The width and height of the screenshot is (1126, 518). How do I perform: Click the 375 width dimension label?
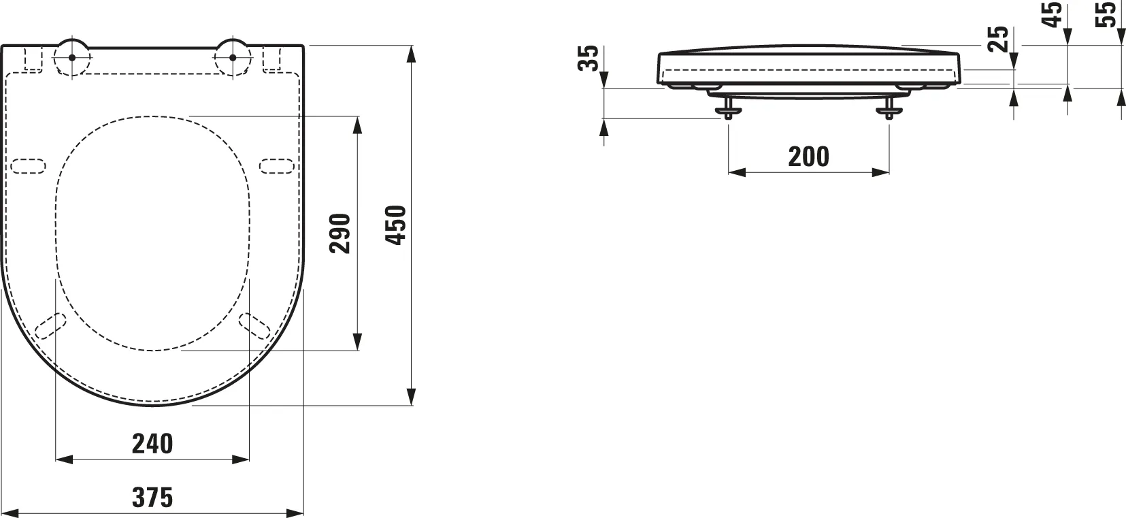point(152,498)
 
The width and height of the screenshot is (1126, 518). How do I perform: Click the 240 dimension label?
point(152,444)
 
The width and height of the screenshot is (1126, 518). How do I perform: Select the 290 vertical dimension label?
point(340,233)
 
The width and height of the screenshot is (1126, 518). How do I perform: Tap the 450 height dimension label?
point(395,225)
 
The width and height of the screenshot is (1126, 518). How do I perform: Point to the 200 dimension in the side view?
point(808,157)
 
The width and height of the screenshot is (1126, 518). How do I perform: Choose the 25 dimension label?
point(997,39)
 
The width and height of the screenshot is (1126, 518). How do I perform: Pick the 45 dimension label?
point(1053,15)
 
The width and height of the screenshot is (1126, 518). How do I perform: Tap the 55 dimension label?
point(1108,15)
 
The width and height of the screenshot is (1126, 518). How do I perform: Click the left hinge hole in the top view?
point(71,56)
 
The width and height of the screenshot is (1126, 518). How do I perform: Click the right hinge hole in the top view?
point(233,56)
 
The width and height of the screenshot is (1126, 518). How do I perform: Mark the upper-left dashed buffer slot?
point(28,165)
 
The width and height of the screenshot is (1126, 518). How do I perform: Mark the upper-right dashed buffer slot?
point(278,165)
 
